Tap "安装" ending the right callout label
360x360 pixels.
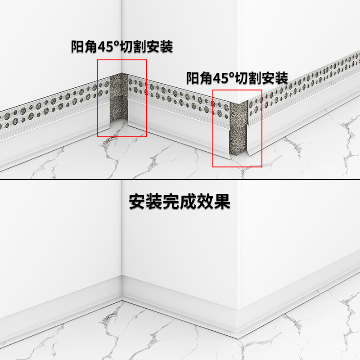275,78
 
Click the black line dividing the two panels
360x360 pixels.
180,180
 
